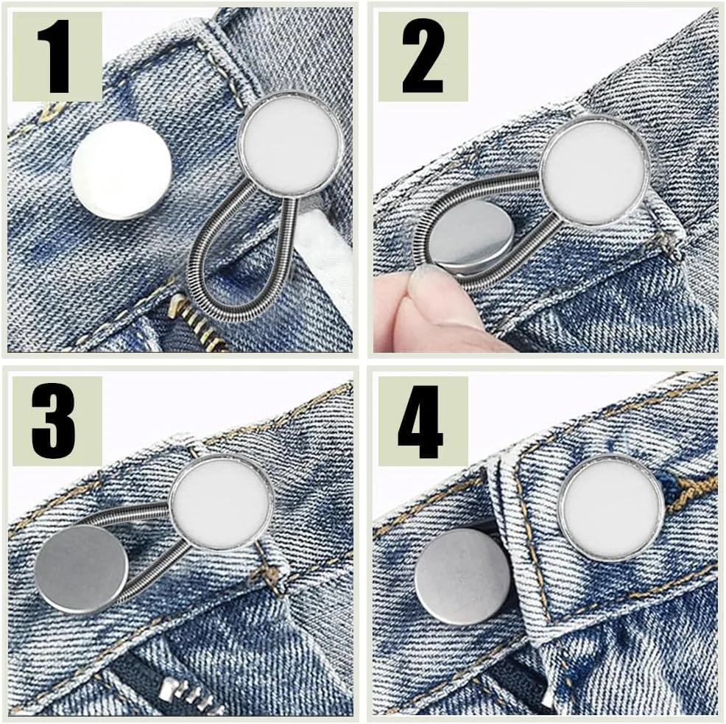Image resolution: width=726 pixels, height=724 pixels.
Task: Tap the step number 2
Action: click(423, 56)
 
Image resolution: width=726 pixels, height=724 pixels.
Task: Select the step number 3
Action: click(54, 421)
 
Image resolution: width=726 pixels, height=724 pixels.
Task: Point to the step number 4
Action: click(420, 421)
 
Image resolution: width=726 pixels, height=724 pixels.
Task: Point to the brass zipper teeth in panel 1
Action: click(199, 324)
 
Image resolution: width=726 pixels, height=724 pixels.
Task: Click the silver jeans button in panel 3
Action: click(82, 569)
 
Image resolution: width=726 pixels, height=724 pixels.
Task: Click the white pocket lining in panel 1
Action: click(324, 255)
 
